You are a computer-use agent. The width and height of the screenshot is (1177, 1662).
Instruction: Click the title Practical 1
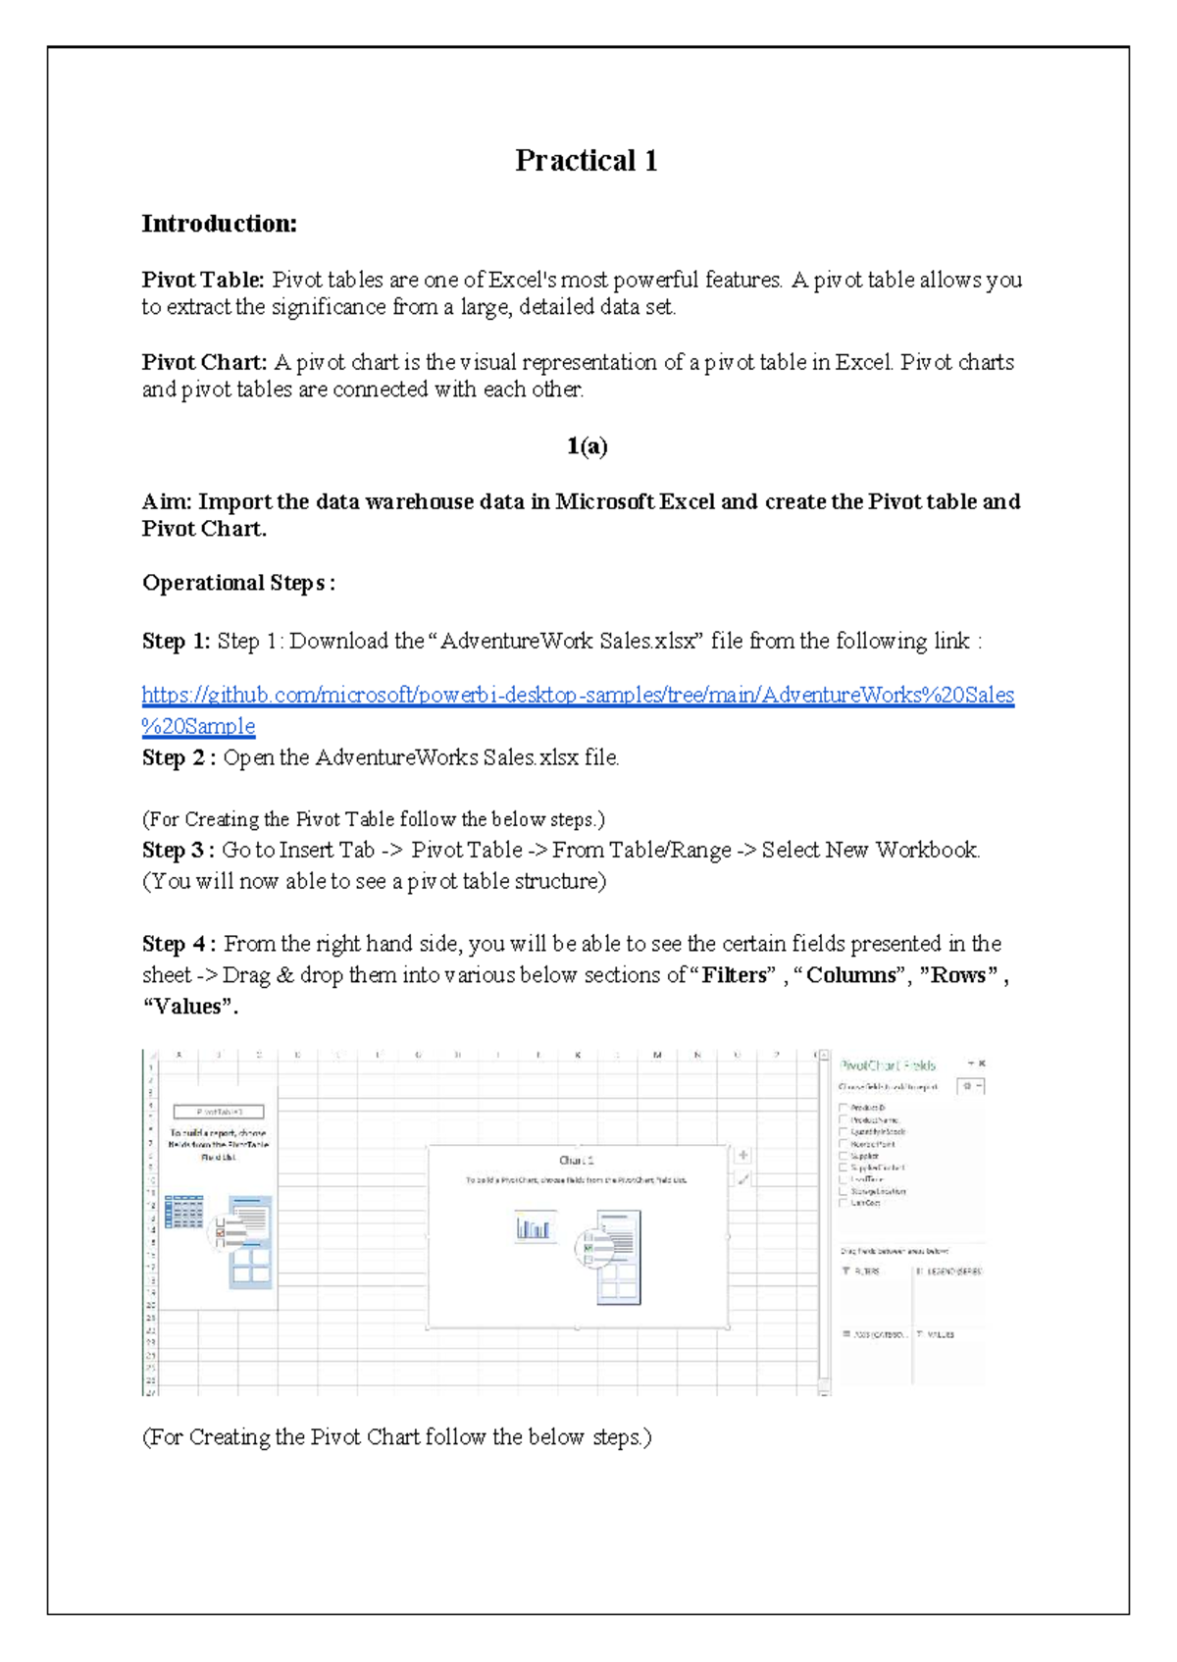(x=586, y=160)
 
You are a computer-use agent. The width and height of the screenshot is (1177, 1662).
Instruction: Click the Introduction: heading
(x=219, y=224)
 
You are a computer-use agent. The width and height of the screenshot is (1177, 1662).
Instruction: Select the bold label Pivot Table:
(x=203, y=280)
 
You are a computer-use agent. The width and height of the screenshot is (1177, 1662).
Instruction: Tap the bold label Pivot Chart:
(x=204, y=362)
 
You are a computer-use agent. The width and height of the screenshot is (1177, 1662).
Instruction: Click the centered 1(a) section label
(x=587, y=446)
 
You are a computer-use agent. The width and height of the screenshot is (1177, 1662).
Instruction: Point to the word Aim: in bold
(x=167, y=501)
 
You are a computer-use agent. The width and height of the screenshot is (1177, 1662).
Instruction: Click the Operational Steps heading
(x=238, y=583)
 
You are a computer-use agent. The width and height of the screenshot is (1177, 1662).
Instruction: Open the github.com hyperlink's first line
(x=578, y=695)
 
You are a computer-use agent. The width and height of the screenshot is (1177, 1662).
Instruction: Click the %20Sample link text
(x=198, y=726)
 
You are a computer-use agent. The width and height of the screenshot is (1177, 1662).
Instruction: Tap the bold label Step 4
(x=179, y=944)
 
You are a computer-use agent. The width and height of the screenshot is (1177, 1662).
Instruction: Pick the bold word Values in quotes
(x=188, y=1007)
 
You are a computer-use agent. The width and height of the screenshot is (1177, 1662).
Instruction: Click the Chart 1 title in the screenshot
(x=576, y=1161)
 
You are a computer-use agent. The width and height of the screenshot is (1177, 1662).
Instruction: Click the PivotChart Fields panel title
(x=888, y=1065)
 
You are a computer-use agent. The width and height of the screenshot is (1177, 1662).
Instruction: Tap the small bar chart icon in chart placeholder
(x=534, y=1228)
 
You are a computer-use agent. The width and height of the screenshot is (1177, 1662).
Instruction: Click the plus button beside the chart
(x=743, y=1156)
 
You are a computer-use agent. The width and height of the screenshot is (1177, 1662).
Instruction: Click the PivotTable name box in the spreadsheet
(x=218, y=1112)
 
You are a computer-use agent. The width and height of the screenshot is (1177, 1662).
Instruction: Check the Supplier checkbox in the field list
(x=844, y=1156)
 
